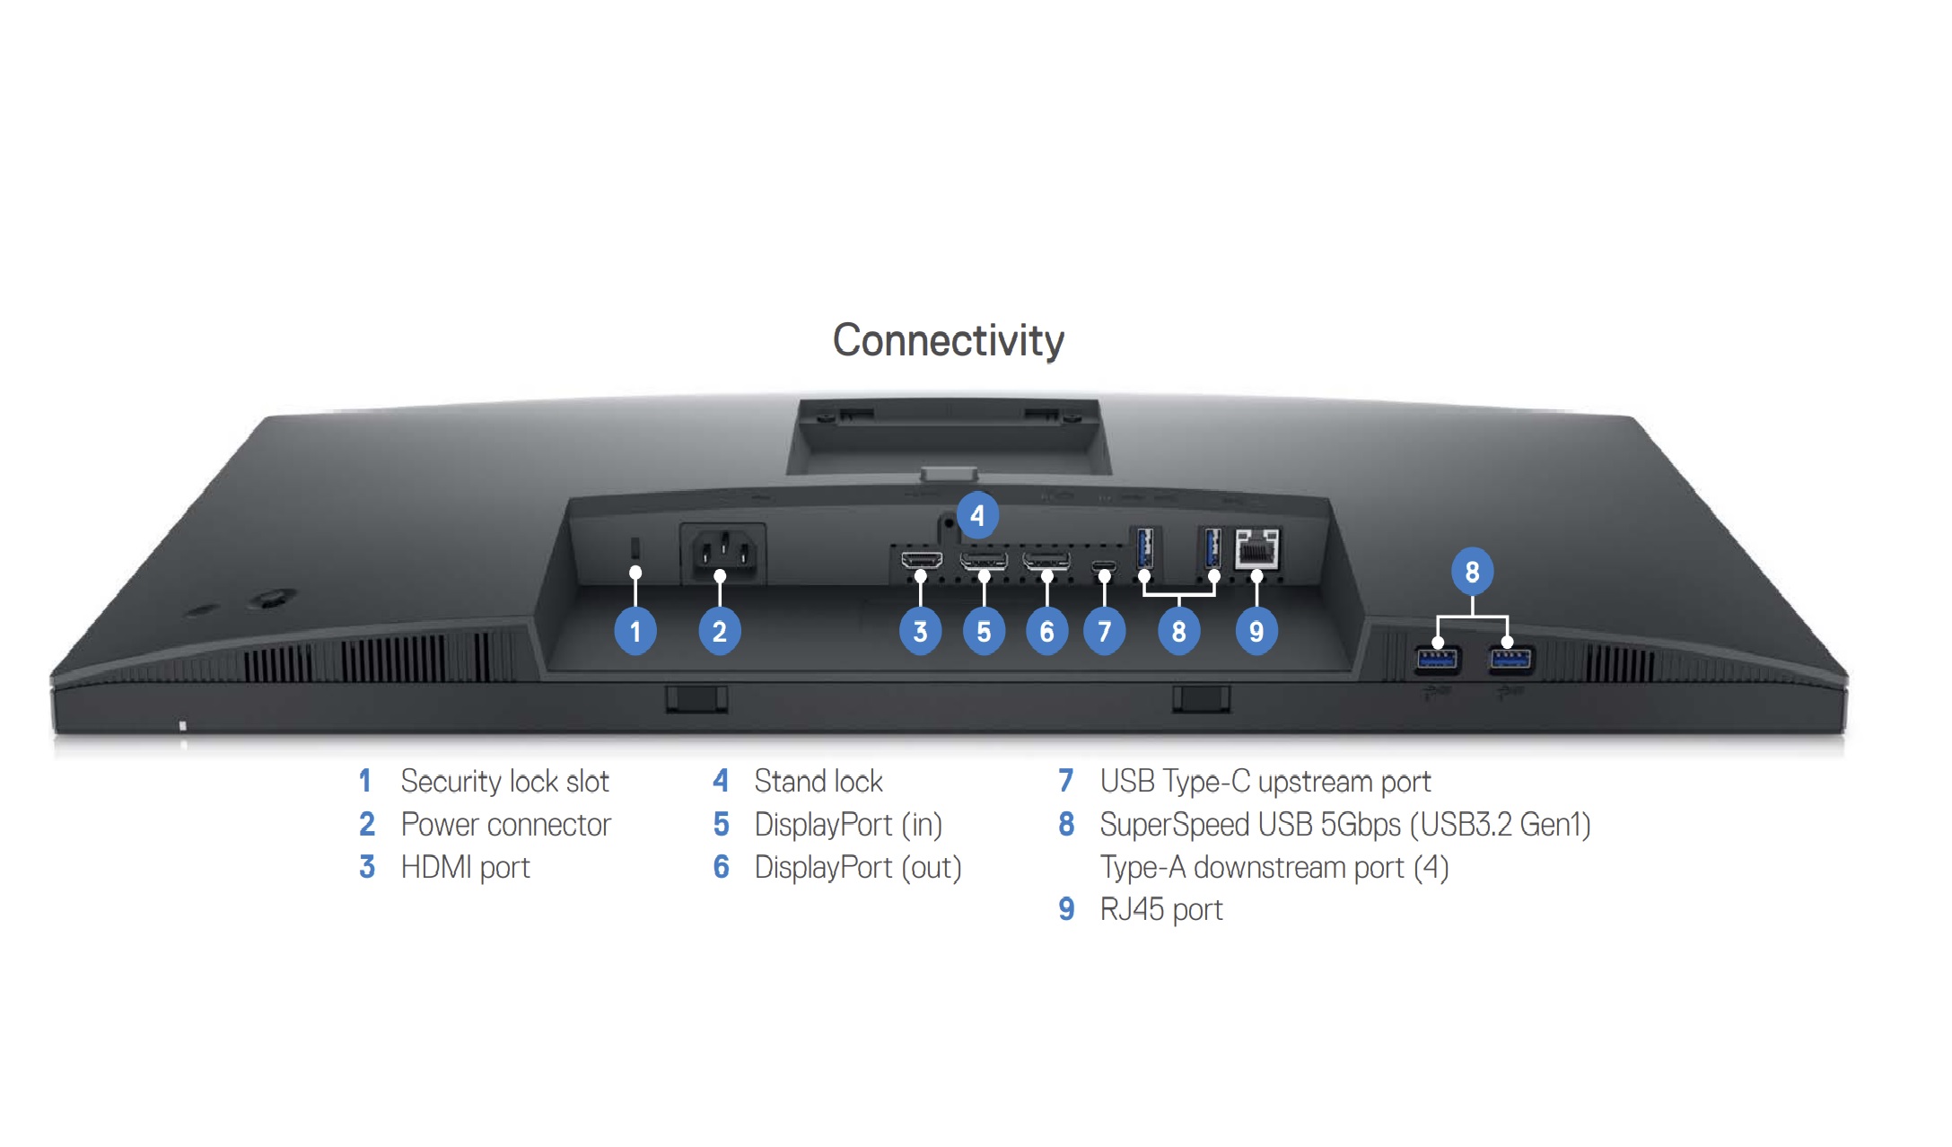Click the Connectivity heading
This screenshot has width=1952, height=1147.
[x=948, y=341]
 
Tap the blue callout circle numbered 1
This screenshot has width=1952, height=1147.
[x=635, y=632]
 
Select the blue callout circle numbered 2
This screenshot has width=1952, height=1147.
[x=719, y=632]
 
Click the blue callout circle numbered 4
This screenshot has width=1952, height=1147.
[x=976, y=516]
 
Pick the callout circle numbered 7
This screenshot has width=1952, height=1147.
[x=1104, y=632]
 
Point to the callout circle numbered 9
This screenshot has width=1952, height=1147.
[x=1256, y=632]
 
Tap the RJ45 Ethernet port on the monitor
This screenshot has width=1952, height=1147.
[x=1256, y=547]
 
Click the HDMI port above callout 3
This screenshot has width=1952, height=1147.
[x=922, y=561]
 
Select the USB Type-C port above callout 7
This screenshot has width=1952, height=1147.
[x=1104, y=565]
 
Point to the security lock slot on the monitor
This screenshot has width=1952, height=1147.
[x=635, y=547]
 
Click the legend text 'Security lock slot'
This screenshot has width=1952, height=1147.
[x=504, y=782]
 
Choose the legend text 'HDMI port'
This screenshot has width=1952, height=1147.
[x=465, y=868]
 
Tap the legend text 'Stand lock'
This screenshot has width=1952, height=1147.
[x=818, y=782]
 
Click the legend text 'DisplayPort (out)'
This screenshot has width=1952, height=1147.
[x=858, y=868]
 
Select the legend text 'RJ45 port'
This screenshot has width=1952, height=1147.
[x=1161, y=910]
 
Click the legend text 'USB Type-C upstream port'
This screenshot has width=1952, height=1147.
[x=1265, y=782]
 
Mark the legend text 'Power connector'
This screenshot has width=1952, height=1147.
[x=505, y=825]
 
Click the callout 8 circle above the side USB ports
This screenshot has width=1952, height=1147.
[x=1472, y=572]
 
